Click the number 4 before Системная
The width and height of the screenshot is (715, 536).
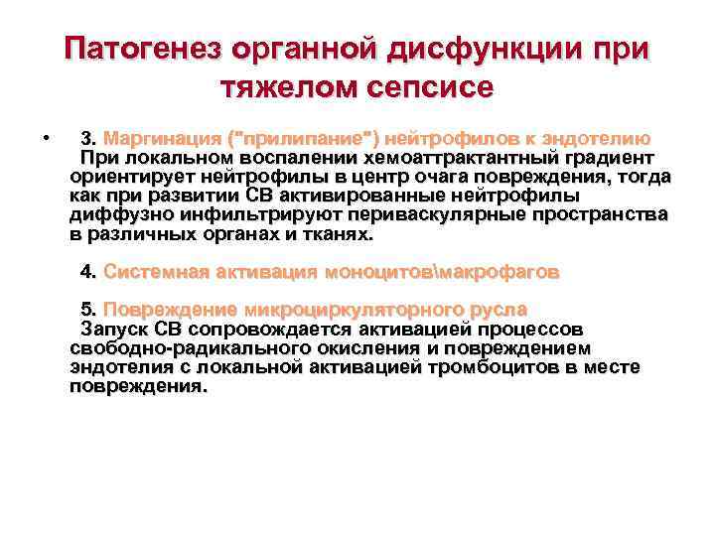click(x=87, y=271)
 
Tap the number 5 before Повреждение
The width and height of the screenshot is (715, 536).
click(x=87, y=310)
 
